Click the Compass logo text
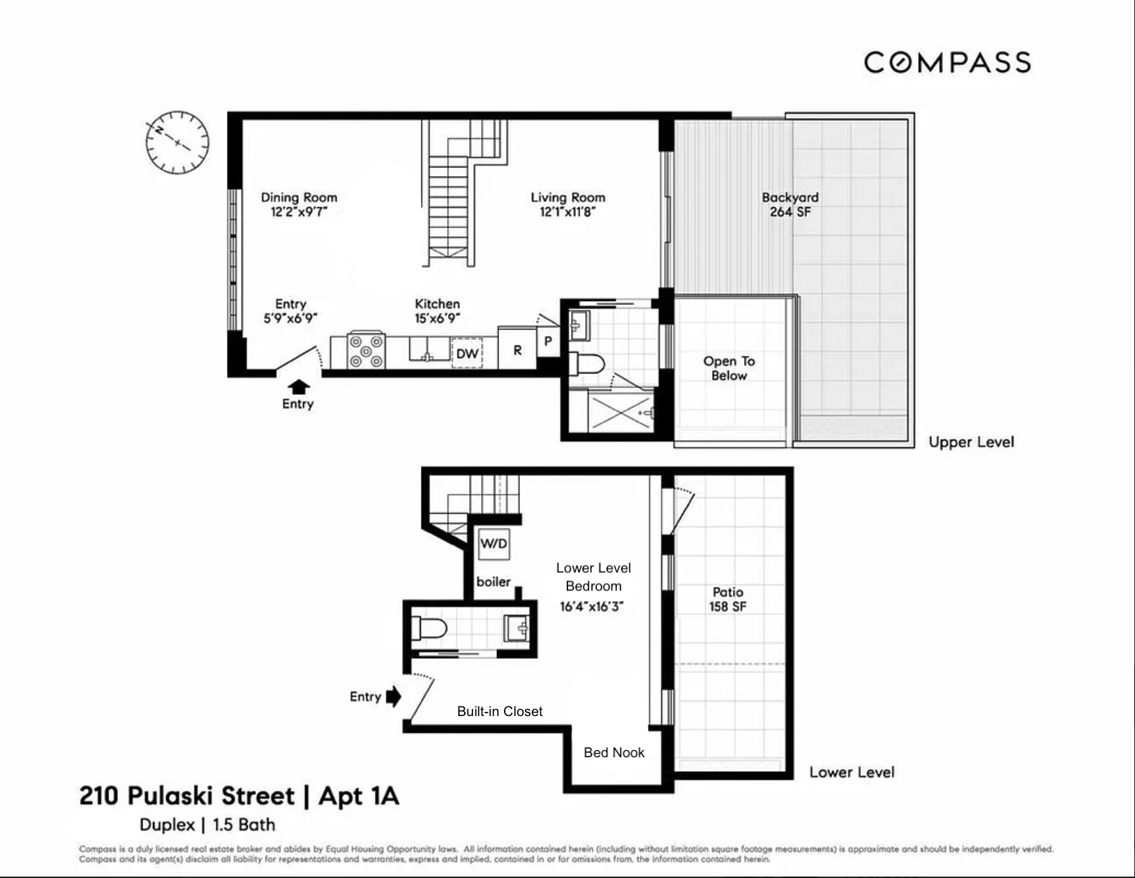tap(947, 62)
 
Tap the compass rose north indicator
tap(160, 131)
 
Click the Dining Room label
tap(299, 198)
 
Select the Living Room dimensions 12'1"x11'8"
tap(567, 212)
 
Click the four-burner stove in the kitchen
tap(366, 351)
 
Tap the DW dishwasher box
tap(467, 353)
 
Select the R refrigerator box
tap(517, 350)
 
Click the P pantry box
tap(548, 341)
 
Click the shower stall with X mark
tap(621, 412)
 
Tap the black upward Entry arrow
tap(299, 386)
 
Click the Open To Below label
tap(729, 368)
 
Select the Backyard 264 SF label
tap(790, 204)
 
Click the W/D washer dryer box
tap(494, 543)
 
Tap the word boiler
tap(494, 581)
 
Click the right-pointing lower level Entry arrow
tap(394, 696)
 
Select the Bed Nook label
tap(614, 752)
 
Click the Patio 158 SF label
tap(727, 600)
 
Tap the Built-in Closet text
tap(500, 711)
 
